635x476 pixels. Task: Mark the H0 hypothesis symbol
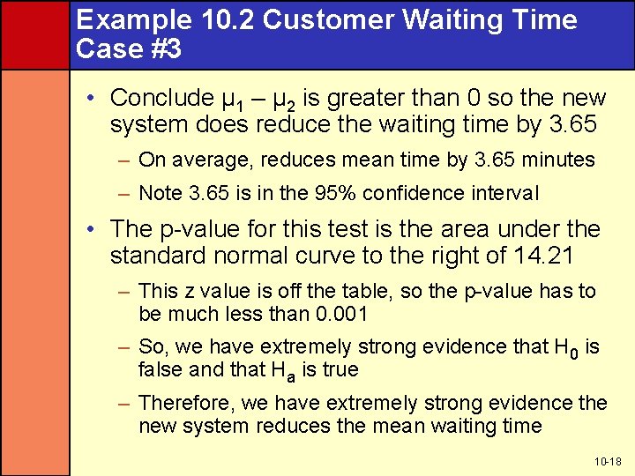coord(569,347)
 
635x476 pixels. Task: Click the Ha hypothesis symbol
coord(287,370)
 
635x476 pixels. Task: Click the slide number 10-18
coord(607,461)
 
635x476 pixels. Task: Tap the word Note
coord(160,192)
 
